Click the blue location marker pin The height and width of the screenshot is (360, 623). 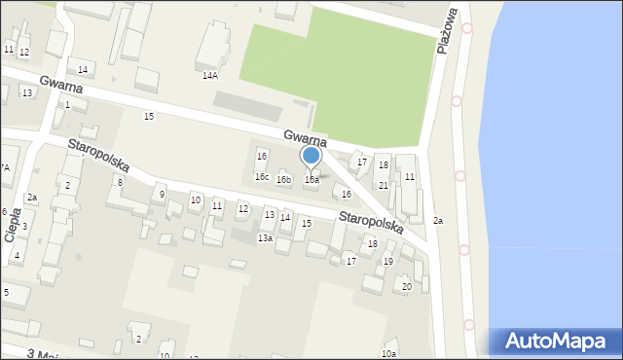(x=311, y=156)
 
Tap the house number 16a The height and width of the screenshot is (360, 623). (x=311, y=180)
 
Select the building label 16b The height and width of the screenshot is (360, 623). (x=283, y=180)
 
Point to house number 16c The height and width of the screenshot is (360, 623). (x=262, y=177)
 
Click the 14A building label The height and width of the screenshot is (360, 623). (x=209, y=75)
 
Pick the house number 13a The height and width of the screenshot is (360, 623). (x=265, y=238)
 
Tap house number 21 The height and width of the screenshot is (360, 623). (x=384, y=185)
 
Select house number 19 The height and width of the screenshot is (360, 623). (x=387, y=261)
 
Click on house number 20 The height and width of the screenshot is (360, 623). (x=407, y=286)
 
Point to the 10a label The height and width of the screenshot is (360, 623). (x=389, y=353)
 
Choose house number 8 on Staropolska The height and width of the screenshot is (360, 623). (x=120, y=182)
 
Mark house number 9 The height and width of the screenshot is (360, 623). (x=162, y=196)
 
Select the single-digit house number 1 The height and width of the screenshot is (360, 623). (x=67, y=105)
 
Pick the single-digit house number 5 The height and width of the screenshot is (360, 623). (x=6, y=292)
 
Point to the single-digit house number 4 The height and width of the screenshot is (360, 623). (x=18, y=256)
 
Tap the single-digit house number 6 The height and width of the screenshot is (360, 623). (x=4, y=212)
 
